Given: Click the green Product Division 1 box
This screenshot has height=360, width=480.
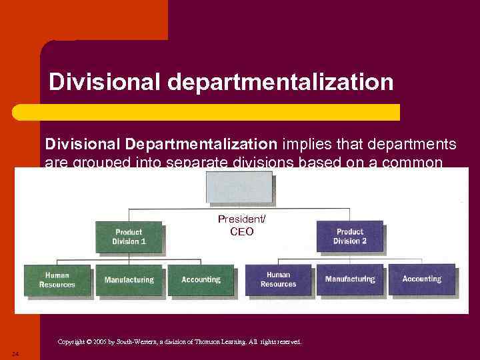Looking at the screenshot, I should pos(129,237).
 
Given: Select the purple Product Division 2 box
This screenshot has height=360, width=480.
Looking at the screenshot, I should pos(350,236).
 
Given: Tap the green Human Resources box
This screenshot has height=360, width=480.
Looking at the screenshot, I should pos(57,279).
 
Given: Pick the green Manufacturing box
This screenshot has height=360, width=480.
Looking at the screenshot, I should pos(129,280).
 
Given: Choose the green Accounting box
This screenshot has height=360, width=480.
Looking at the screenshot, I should pos(201,280).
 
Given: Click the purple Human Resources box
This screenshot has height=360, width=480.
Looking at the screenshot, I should pos(278,279).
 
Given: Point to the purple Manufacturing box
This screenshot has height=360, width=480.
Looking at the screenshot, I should pos(350,279).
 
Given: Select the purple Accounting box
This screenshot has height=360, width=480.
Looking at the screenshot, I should pos(421,279).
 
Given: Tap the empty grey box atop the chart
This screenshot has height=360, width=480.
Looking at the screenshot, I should pos(239,187).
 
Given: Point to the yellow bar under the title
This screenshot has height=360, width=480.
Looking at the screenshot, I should pos(220,112).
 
